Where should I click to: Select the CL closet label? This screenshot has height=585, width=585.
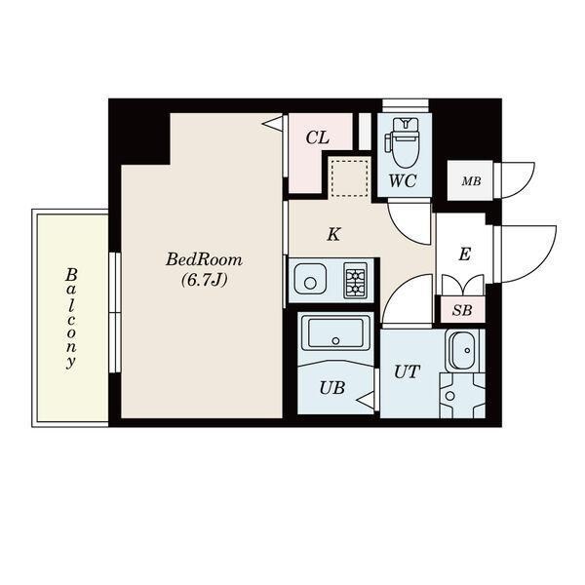317,137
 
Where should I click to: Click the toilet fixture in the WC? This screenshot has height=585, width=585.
403,142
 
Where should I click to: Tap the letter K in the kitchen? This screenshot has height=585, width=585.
332,234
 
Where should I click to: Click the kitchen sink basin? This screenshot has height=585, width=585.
311,283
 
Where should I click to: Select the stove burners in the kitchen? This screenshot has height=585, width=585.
356,283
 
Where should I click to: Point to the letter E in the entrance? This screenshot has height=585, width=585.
465,254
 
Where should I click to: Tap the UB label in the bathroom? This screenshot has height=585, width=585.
331,386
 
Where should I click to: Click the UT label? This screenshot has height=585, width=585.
408,370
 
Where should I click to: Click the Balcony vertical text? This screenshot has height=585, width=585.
71,318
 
